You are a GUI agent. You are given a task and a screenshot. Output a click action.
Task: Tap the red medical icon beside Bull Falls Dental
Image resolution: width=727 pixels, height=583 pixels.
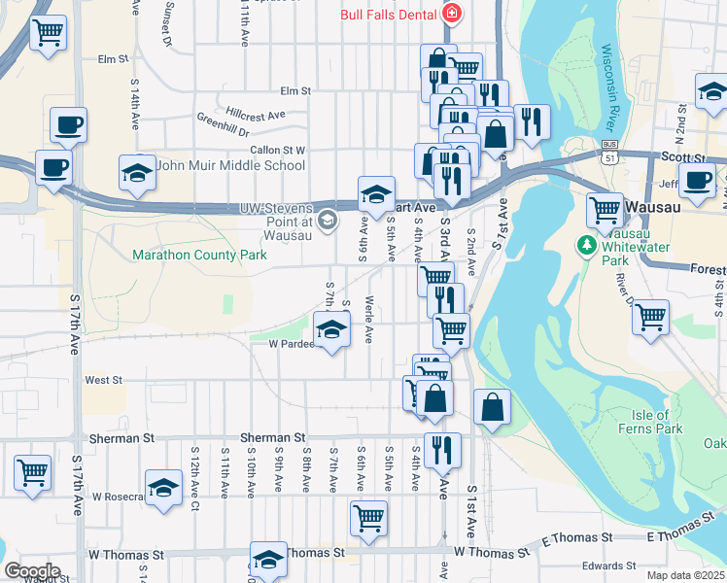point(451,14)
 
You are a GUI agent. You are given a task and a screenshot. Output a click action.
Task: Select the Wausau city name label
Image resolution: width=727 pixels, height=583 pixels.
point(660,207)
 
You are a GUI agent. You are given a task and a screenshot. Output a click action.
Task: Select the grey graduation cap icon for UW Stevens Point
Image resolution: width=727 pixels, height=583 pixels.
point(328,221)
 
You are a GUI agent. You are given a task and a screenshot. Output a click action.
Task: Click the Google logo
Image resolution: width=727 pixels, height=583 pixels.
point(33,570)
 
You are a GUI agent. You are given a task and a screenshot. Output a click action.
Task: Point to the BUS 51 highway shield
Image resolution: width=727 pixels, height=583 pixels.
point(608,154)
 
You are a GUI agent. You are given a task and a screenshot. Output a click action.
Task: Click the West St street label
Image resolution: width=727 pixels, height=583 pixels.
point(103,381)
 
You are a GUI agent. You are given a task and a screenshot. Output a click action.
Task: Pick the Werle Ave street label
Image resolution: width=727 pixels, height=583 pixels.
point(369,320)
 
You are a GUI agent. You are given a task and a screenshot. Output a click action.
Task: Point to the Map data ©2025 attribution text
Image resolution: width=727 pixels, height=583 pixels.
point(687,575)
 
